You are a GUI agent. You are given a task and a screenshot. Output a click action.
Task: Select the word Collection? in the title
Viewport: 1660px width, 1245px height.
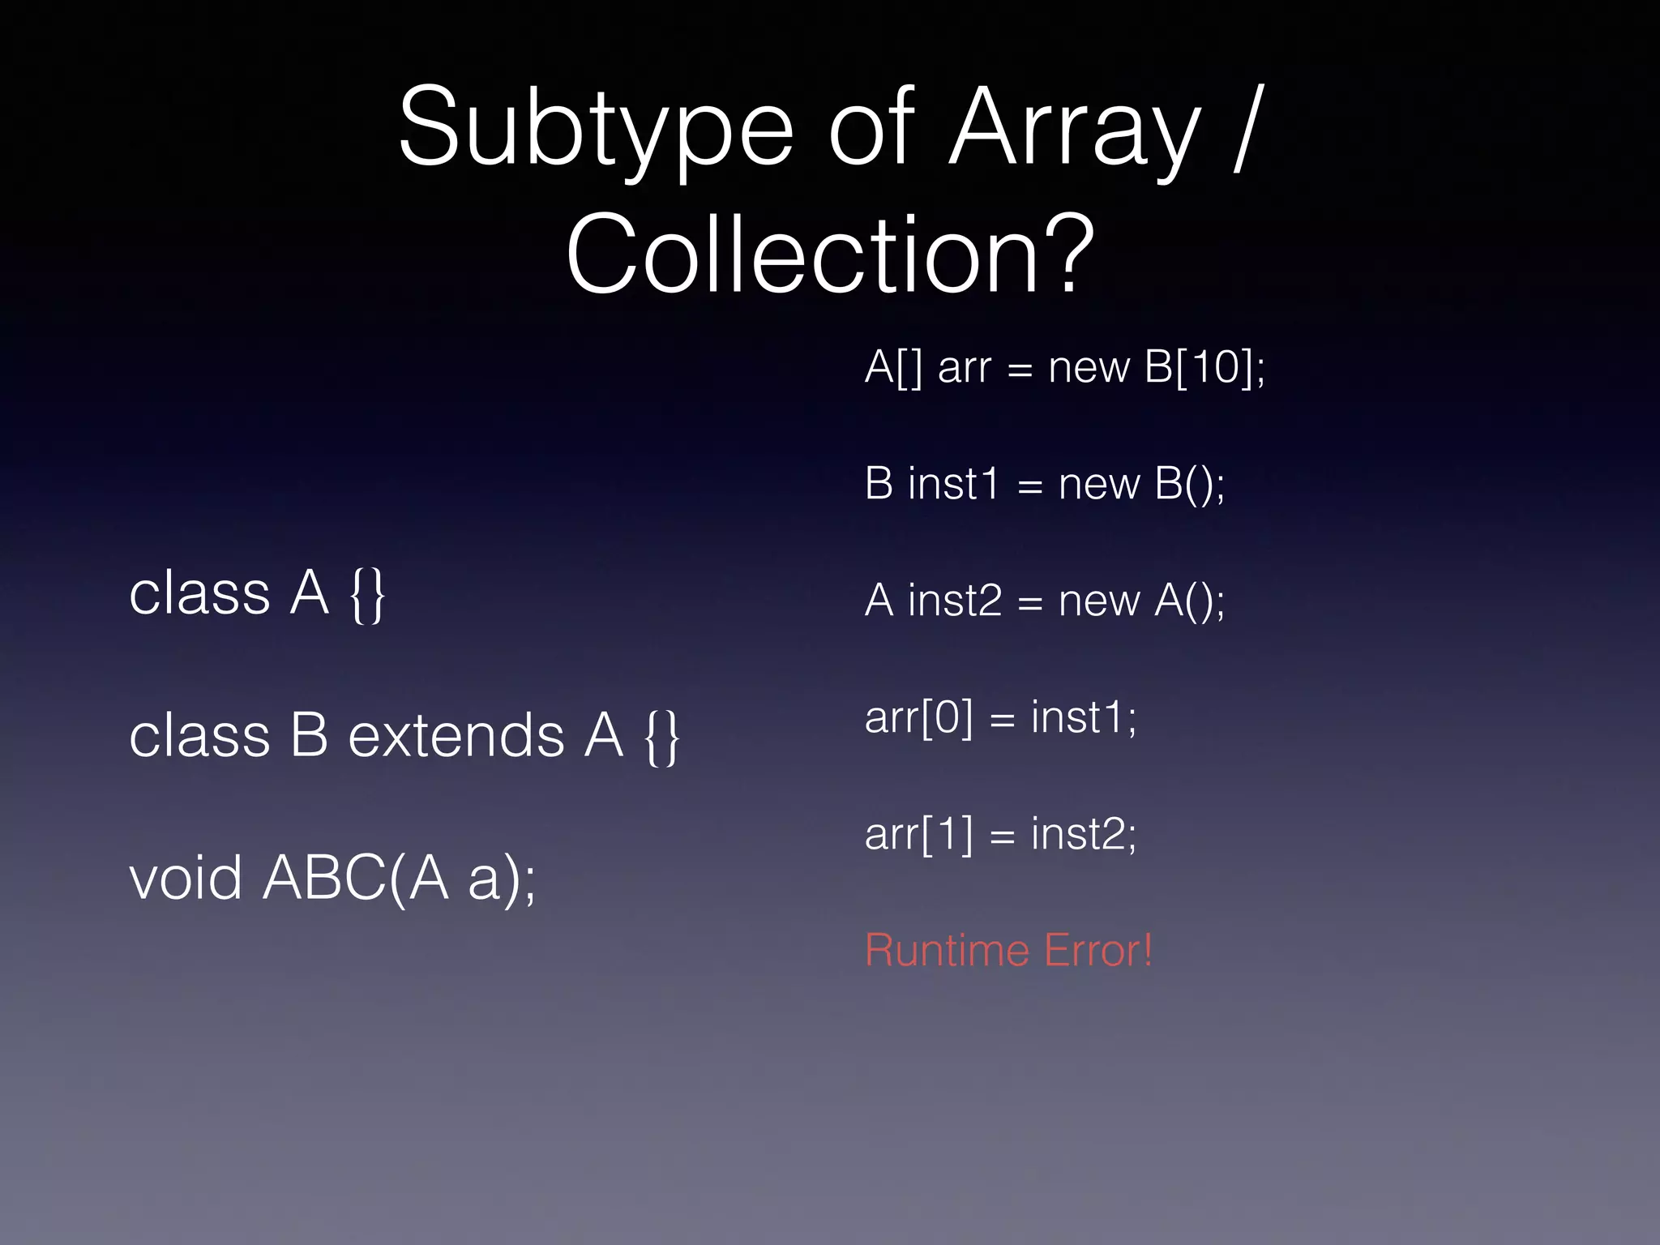pyautogui.click(x=831, y=255)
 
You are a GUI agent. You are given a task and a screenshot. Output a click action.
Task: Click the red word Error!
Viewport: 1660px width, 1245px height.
pyautogui.click(x=1098, y=950)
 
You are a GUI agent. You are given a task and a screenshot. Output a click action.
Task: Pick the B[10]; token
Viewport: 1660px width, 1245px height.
pyautogui.click(x=1204, y=367)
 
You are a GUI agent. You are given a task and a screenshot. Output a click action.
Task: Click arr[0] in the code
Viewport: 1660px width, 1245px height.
pyautogui.click(x=918, y=718)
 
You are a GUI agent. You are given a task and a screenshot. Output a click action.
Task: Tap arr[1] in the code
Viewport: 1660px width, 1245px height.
pyautogui.click(x=918, y=835)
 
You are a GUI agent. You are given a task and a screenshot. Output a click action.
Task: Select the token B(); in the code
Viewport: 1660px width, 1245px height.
pyautogui.click(x=1189, y=485)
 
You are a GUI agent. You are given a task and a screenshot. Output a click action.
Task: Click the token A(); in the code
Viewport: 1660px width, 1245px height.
pyautogui.click(x=1189, y=601)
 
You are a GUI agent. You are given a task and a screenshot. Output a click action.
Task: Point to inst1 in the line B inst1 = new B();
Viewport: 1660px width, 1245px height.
pyautogui.click(x=953, y=485)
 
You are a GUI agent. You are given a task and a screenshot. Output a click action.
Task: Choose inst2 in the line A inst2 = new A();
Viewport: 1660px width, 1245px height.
pyautogui.click(x=955, y=601)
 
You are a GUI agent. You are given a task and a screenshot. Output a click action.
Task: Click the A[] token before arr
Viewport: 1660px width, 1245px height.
pyautogui.click(x=893, y=367)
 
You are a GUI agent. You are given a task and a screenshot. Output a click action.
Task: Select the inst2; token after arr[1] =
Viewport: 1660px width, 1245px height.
pyautogui.click(x=1084, y=835)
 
